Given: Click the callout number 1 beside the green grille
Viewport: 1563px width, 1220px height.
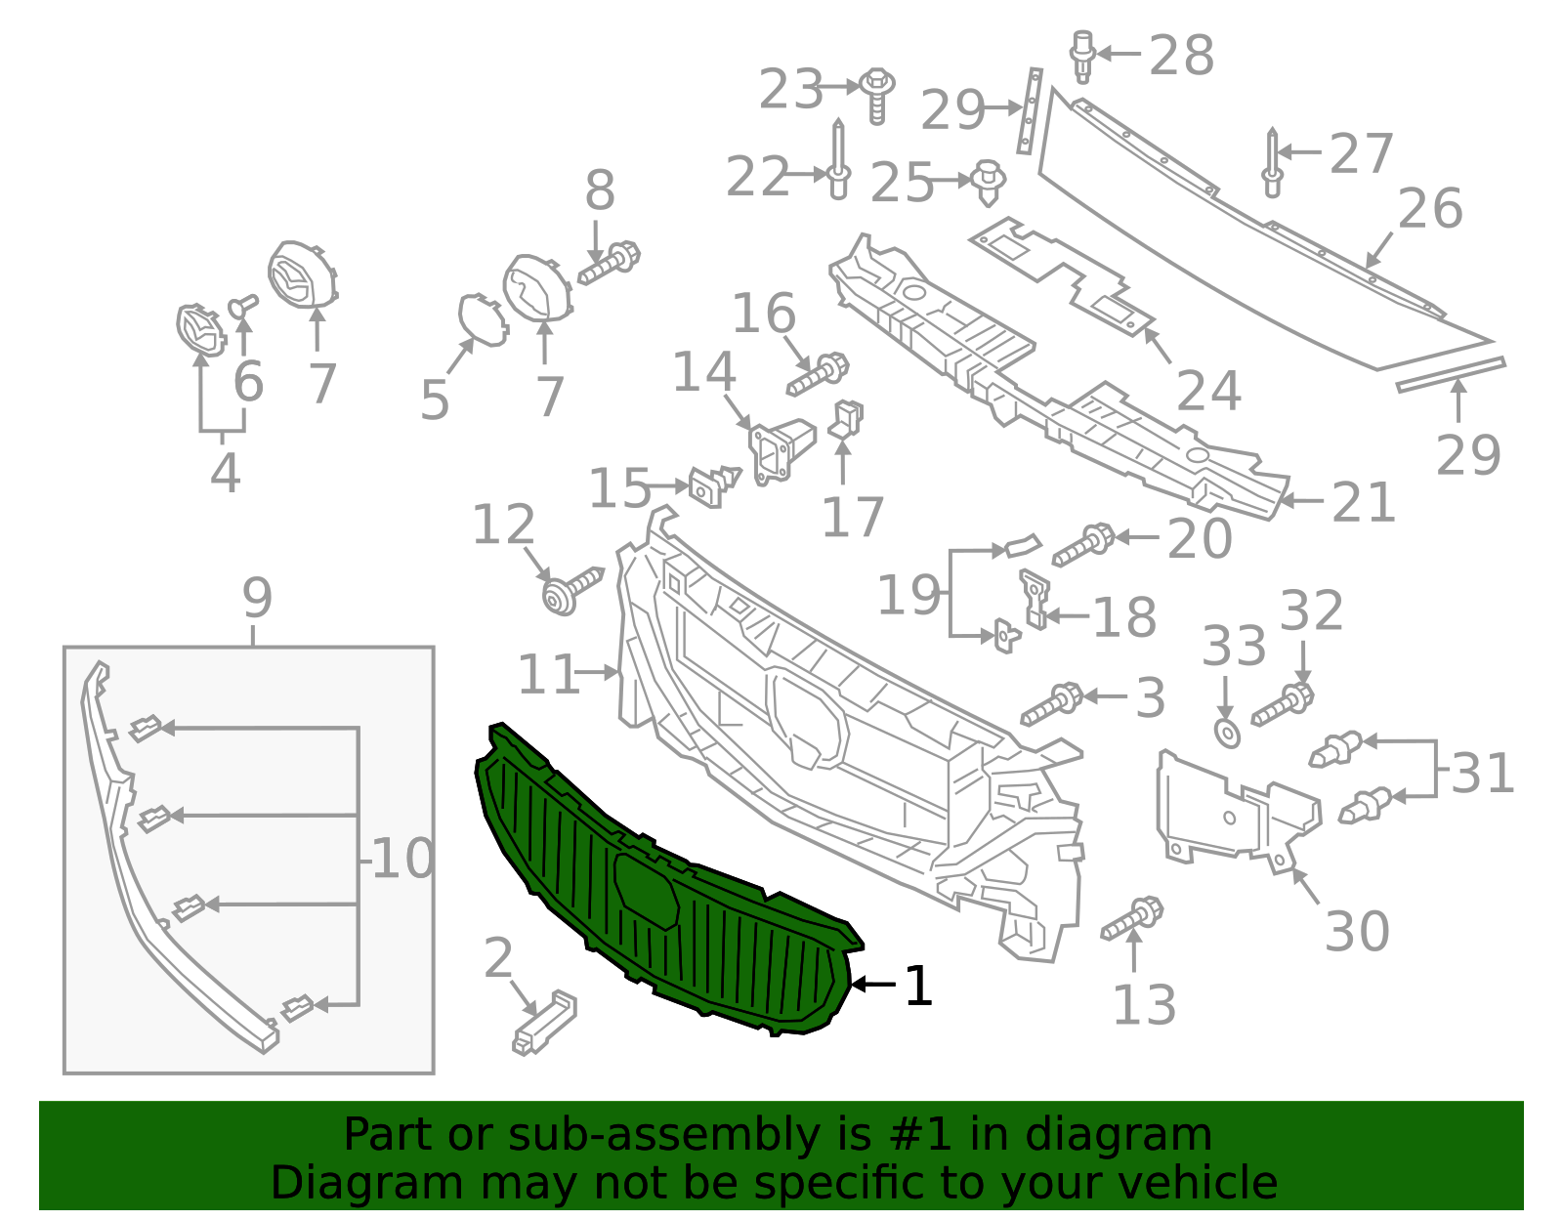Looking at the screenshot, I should click(918, 986).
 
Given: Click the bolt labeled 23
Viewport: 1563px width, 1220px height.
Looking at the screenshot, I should click(878, 94).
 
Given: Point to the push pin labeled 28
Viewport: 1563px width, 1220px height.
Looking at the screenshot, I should click(1082, 56).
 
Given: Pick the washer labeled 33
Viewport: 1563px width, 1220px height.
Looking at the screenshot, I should click(1227, 732).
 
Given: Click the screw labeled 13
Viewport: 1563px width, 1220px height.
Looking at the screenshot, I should click(1133, 918).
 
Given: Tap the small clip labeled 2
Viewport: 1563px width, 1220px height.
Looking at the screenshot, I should click(545, 1022).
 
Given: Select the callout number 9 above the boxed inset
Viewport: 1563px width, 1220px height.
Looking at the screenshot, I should click(256, 597).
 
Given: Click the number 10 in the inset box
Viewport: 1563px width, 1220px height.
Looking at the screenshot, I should click(402, 860).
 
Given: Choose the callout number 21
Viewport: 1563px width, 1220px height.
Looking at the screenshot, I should click(1364, 503).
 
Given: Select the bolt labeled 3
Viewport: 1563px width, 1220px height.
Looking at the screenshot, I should click(1052, 703).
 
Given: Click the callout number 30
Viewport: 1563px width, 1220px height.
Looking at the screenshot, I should click(1357, 931).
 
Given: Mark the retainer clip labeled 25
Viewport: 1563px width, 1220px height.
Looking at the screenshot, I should click(989, 183).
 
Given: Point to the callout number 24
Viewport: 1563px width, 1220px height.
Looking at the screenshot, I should click(1208, 391).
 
